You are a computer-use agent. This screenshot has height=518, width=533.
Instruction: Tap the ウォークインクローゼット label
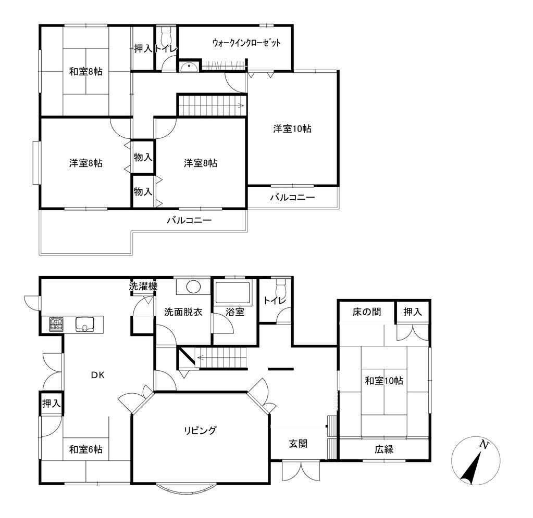pos(246,43)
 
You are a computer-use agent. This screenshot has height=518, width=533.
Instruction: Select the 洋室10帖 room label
pos(292,128)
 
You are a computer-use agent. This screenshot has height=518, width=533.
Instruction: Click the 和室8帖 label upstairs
pos(85,72)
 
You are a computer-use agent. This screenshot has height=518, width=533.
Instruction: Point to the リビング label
pos(200,430)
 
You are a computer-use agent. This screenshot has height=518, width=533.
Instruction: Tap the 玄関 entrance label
pos(298,444)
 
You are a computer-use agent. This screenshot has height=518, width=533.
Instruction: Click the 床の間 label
pos(366,312)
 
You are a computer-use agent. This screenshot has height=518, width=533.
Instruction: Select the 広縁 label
pos(383,449)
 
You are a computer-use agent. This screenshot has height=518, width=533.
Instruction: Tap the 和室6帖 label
pos(85,449)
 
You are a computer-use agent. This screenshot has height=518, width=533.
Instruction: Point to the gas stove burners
pos(56,325)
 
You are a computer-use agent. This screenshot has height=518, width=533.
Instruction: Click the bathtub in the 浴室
pos(233,293)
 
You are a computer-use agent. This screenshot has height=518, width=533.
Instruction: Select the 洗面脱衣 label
pos(183,312)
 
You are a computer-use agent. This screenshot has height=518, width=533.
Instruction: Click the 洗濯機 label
pos(143,287)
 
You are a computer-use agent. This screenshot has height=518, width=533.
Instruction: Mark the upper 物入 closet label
pos(143,157)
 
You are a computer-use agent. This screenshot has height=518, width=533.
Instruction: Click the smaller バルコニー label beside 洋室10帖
pos(292,198)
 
